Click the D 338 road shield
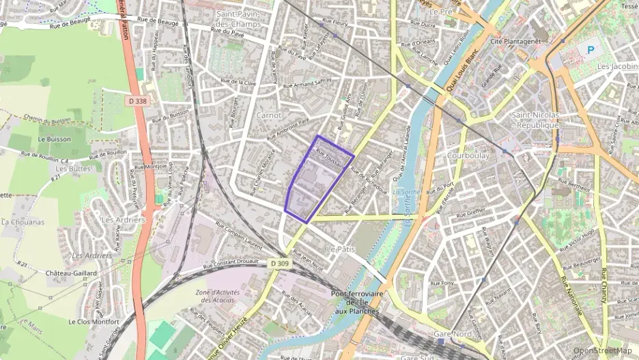tap(137, 101)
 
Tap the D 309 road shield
tap(279, 263)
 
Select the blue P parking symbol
tap(592, 50)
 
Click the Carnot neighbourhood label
tap(268, 115)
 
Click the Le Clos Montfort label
tap(94, 320)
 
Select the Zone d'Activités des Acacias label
tap(215, 296)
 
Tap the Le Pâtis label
tap(341, 249)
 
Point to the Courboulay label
tap(468, 156)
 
